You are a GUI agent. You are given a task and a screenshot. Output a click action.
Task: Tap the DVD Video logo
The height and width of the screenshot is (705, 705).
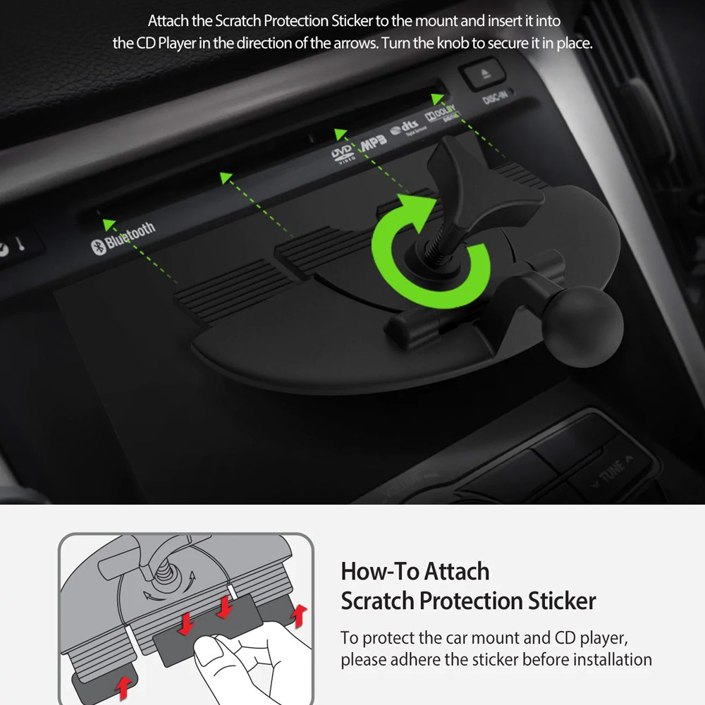(x=343, y=154)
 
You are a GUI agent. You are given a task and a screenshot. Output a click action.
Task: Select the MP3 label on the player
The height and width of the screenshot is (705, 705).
(x=373, y=142)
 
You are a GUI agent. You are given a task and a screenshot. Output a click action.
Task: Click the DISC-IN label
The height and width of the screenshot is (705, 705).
(x=495, y=96)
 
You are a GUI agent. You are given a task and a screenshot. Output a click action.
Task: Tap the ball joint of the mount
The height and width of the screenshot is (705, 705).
(x=582, y=326)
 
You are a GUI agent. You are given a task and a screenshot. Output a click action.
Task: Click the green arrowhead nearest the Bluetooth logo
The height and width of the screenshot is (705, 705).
(x=109, y=224)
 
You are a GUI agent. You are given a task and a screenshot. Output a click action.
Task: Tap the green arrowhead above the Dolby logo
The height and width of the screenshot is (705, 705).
(x=437, y=99)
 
